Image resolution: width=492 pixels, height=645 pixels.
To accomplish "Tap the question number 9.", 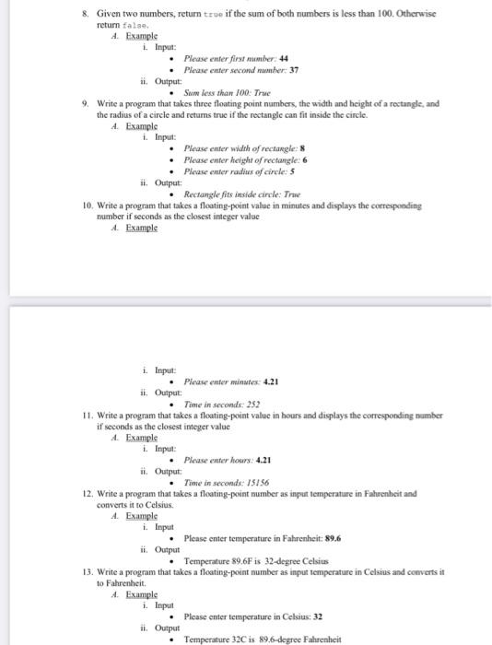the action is (x=87, y=104).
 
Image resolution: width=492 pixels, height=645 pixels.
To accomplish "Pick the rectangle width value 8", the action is (x=289, y=147).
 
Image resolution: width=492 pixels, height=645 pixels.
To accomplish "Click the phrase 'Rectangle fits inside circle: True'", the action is (x=242, y=194).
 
